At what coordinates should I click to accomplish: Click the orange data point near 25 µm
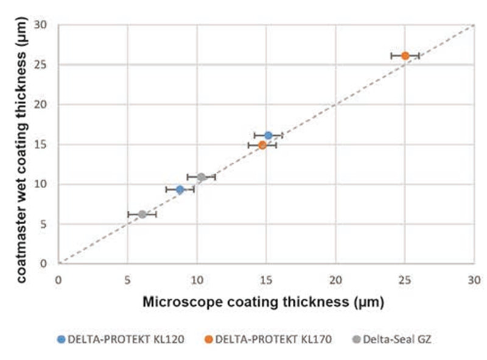coord(405,55)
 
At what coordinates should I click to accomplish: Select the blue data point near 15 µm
coord(268,135)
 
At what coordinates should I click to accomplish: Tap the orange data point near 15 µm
coord(262,145)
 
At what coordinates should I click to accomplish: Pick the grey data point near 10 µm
coord(201,177)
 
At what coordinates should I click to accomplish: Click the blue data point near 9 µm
coord(180,190)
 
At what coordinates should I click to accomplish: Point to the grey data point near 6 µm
coord(142,214)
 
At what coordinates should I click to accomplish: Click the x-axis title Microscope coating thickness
coord(264,302)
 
